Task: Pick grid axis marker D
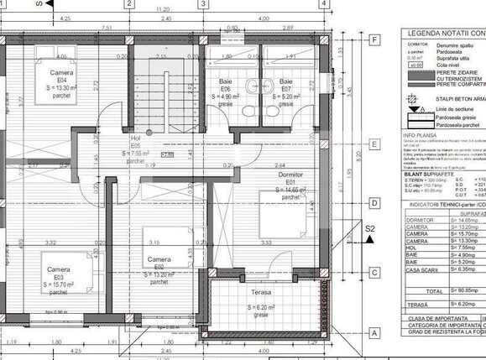(373, 202)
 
